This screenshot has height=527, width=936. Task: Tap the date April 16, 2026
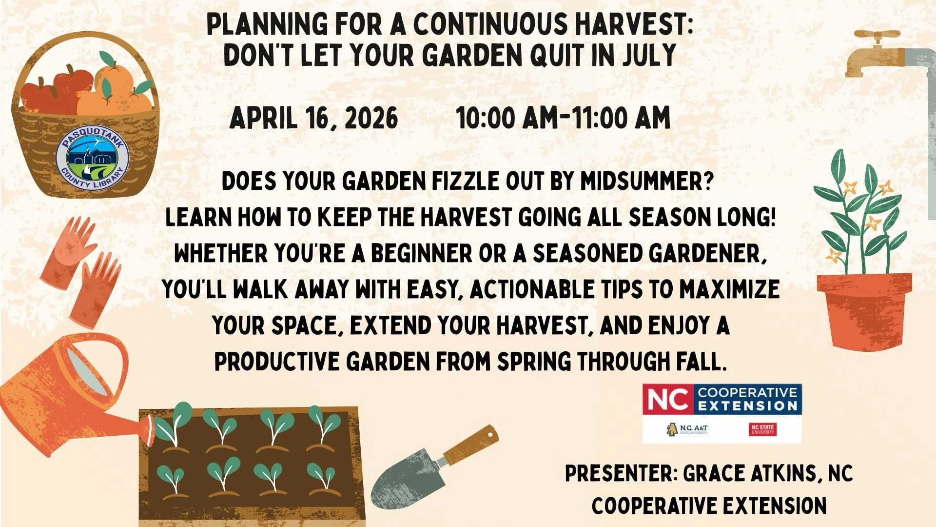(313, 119)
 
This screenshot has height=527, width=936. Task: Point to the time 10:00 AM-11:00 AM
(563, 119)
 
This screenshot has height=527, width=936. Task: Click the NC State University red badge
(762, 429)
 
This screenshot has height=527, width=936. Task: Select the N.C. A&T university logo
(687, 429)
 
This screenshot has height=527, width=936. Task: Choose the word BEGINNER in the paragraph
(422, 254)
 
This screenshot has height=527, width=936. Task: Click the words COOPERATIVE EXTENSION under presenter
(709, 506)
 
